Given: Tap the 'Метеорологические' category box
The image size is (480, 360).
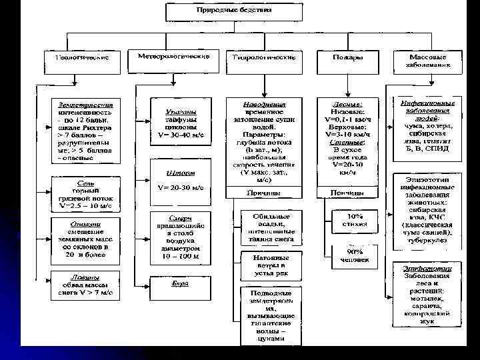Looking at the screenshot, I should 173,57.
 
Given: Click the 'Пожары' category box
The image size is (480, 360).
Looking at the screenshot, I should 348,58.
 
